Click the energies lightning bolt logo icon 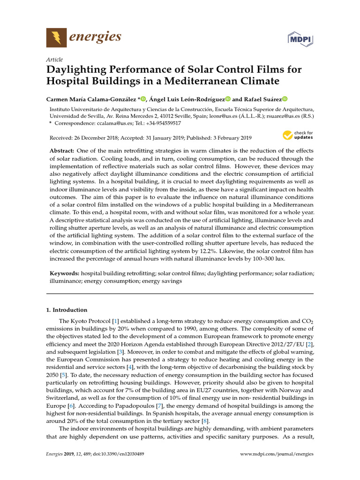point(56,37)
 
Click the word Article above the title point(54,60)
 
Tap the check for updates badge point(298,136)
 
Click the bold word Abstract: point(62,151)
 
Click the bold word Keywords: point(64,272)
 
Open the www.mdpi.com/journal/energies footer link point(277,454)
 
